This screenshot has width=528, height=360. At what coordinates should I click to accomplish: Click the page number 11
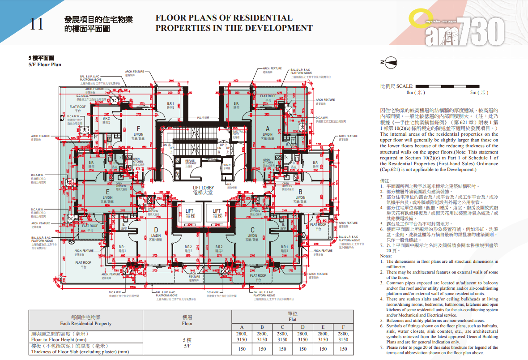pyautogui.click(x=37, y=24)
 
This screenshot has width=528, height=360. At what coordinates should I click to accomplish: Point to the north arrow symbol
pyautogui.click(x=388, y=63)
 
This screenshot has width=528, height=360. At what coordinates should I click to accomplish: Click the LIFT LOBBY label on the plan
pyautogui.click(x=204, y=188)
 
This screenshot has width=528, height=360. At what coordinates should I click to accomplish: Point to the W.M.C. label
pyautogui.click(x=227, y=166)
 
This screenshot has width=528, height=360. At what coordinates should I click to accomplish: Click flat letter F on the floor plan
pyautogui.click(x=138, y=128)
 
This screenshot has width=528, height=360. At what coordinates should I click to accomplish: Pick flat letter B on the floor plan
pyautogui.click(x=300, y=190)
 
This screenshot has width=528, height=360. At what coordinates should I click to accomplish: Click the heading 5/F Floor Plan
pyautogui.click(x=45, y=64)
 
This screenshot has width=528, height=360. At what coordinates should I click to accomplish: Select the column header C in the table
pyautogui.click(x=282, y=326)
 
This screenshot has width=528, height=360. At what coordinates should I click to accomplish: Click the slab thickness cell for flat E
pyautogui.click(x=323, y=349)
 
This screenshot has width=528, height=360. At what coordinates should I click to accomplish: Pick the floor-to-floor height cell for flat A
pyautogui.click(x=242, y=336)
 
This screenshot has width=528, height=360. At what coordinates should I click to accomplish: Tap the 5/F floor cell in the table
pyautogui.click(x=187, y=343)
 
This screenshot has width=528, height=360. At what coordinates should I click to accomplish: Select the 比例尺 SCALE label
pyautogui.click(x=396, y=86)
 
